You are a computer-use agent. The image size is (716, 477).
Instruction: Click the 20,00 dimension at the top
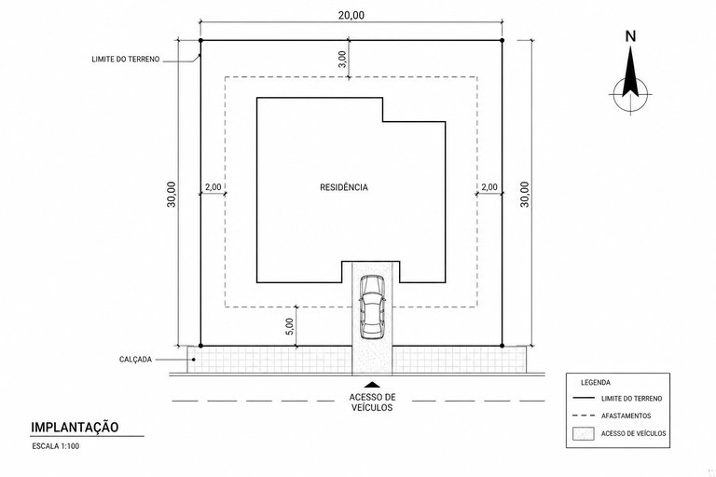[351, 15]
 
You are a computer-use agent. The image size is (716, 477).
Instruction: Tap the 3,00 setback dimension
[342, 59]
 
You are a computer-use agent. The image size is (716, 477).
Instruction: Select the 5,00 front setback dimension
[290, 327]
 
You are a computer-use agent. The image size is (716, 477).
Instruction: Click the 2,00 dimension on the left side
[213, 186]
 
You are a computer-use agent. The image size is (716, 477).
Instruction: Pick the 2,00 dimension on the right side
[489, 186]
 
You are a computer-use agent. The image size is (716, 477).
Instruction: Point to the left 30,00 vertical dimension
[172, 194]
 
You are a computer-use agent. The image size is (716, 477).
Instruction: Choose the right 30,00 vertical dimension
[525, 194]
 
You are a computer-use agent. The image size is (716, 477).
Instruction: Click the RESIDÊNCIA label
[344, 187]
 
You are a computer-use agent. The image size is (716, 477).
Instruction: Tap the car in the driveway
[372, 307]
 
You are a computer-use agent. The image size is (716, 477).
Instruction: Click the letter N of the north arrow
[630, 36]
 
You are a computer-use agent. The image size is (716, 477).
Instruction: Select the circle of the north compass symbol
[630, 78]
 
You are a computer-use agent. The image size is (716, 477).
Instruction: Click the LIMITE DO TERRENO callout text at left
[126, 60]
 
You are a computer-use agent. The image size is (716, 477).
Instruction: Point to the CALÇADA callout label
[135, 360]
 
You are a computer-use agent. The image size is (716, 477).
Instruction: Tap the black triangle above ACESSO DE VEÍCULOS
[373, 385]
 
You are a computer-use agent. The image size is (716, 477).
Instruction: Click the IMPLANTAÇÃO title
[75, 428]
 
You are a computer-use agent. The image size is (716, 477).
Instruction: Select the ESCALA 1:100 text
[55, 446]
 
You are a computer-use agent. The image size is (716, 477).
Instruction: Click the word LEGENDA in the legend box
[596, 383]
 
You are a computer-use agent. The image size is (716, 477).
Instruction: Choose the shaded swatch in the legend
[584, 433]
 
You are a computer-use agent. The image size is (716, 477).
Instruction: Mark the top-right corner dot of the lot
[502, 40]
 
